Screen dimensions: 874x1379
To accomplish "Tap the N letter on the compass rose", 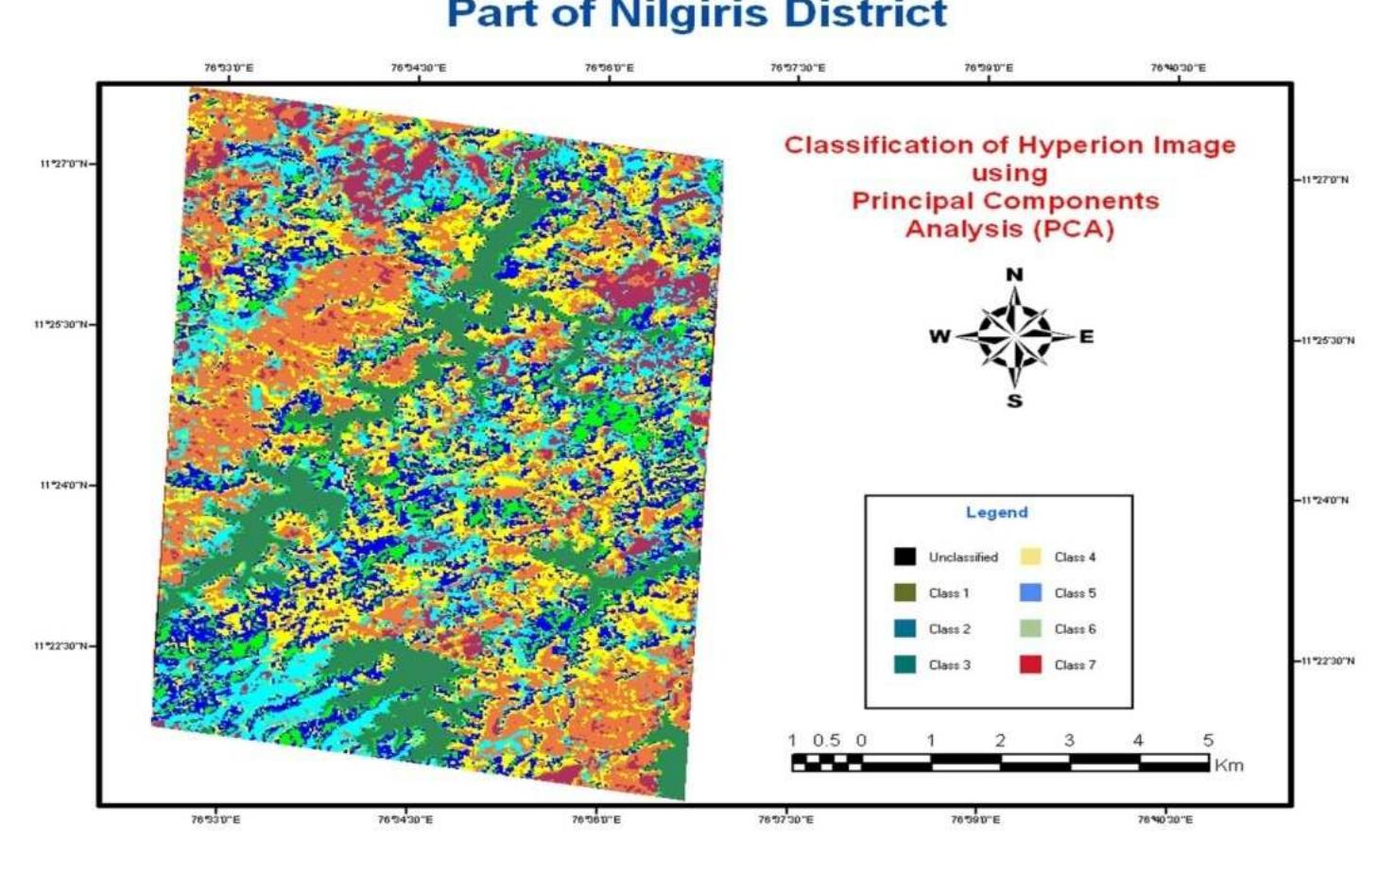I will (1014, 275).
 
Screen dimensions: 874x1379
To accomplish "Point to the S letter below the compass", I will (1014, 401).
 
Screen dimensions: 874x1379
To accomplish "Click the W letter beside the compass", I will (939, 336).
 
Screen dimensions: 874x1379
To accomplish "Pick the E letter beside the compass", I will (1086, 336).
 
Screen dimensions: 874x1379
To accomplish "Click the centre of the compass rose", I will (1014, 336).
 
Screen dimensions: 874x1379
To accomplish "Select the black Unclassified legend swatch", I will (905, 557).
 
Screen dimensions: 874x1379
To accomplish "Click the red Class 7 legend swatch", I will (1030, 664).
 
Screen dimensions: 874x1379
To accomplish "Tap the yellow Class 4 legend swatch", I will (1030, 557).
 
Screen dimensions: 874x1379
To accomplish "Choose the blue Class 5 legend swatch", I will (1030, 592).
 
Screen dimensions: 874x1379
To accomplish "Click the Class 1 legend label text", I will (949, 593).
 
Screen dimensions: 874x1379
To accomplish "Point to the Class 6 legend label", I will (1075, 629).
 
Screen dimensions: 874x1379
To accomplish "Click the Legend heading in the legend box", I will (996, 512).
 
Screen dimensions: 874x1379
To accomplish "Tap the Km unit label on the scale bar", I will (1228, 765).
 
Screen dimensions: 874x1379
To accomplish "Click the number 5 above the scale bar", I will (1208, 741).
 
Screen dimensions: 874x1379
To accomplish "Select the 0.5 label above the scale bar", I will (826, 741).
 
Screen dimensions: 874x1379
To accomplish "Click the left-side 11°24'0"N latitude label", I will (64, 486).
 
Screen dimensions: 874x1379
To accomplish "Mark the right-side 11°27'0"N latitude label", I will (1325, 180).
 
